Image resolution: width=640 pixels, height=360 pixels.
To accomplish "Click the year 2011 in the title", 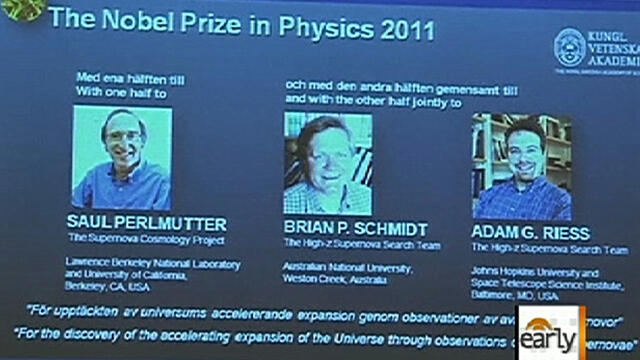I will coord(396,26).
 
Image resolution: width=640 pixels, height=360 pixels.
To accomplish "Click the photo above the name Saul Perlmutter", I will coord(122,158).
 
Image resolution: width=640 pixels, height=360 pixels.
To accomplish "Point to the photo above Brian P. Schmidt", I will coord(328,164).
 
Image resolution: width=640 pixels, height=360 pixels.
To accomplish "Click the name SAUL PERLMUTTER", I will coord(146,224).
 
